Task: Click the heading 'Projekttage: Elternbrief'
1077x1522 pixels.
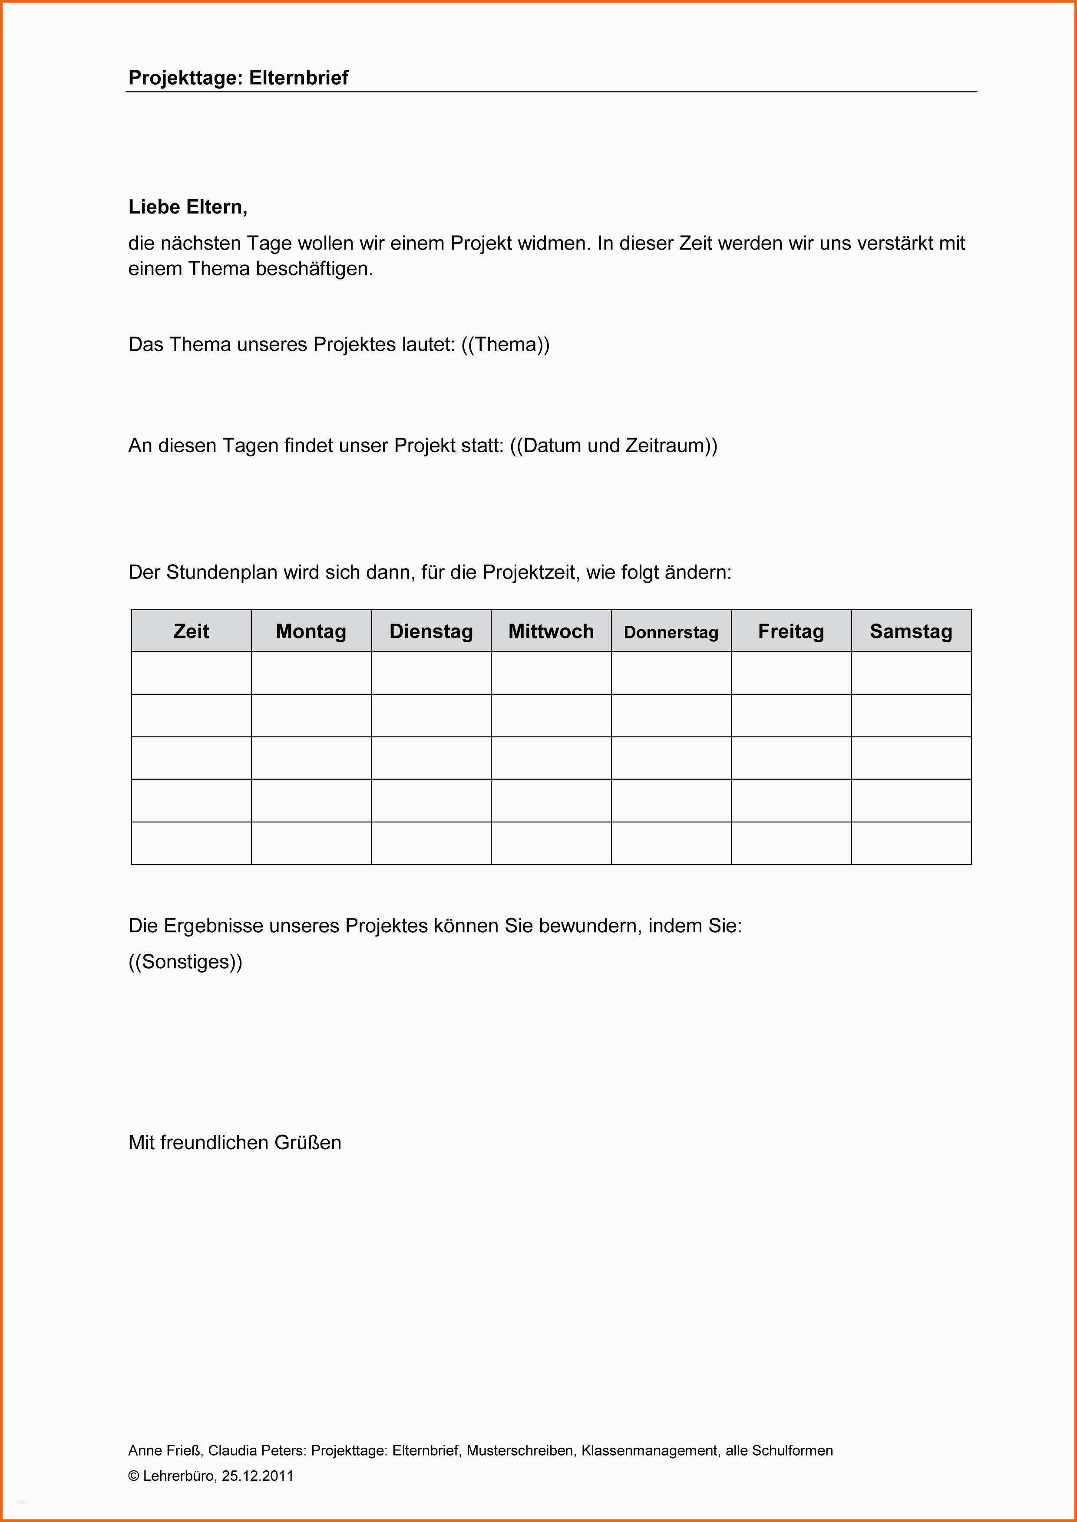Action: (238, 78)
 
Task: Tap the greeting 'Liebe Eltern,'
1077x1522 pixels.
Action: (188, 207)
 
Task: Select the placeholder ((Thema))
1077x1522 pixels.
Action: (505, 345)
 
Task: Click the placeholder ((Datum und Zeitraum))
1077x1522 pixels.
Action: (614, 445)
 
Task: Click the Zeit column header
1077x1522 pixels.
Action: (191, 631)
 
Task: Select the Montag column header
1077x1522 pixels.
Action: (311, 631)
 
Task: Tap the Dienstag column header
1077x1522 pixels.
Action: (431, 631)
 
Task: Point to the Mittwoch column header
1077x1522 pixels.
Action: (551, 631)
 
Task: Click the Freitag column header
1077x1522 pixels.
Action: (791, 631)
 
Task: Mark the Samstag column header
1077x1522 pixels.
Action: (911, 631)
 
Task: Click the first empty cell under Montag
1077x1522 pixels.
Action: (311, 673)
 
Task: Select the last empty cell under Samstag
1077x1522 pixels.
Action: (911, 843)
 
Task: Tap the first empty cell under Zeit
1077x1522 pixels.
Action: (191, 673)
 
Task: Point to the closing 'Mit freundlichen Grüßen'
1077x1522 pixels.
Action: (235, 1143)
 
